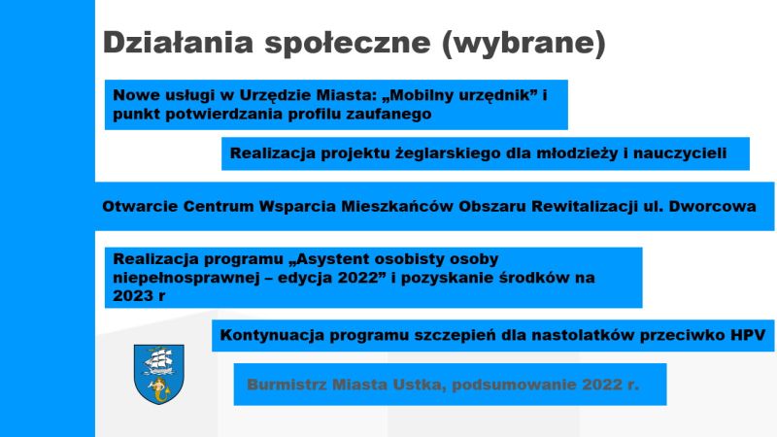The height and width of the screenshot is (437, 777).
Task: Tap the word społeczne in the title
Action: click(x=348, y=44)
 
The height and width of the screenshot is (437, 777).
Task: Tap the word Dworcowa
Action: click(x=712, y=206)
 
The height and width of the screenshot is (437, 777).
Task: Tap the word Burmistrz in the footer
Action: click(x=287, y=385)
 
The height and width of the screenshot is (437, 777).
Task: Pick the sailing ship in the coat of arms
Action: click(x=158, y=361)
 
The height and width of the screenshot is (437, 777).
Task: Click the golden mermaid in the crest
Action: click(x=159, y=389)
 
